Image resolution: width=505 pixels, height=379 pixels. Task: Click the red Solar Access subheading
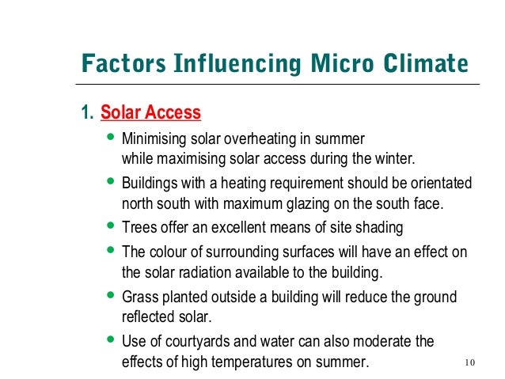150,113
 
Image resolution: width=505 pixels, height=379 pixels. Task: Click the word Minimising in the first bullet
154,138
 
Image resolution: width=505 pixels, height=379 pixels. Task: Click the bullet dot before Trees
110,227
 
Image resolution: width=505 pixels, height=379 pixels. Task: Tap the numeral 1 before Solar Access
85,113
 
